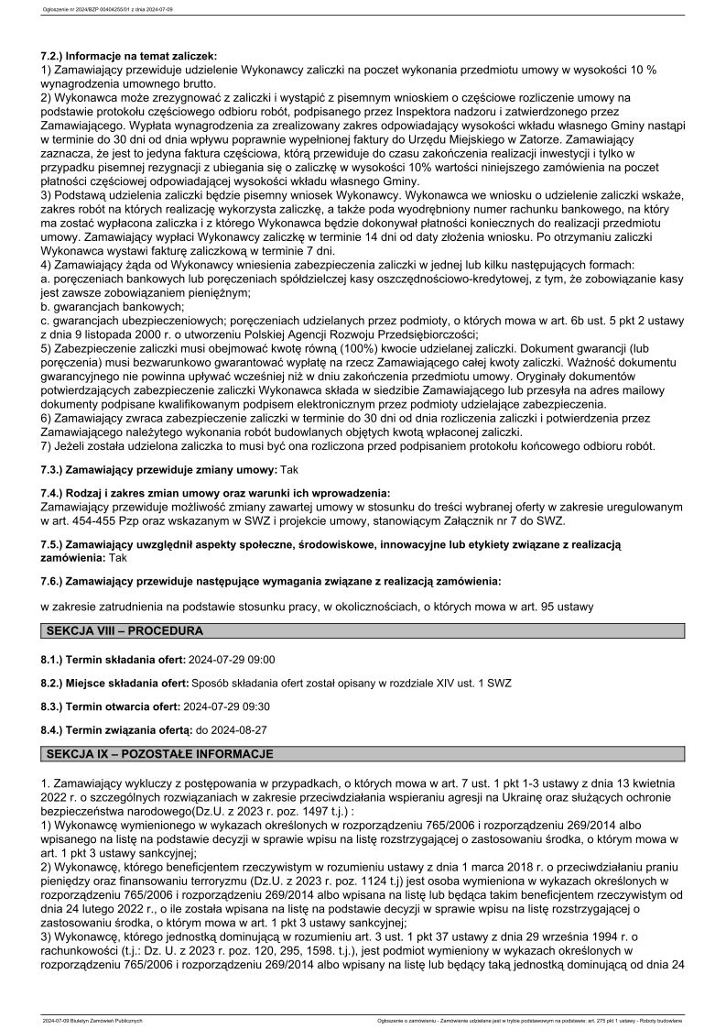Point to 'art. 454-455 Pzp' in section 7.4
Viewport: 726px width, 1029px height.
(x=95, y=520)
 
